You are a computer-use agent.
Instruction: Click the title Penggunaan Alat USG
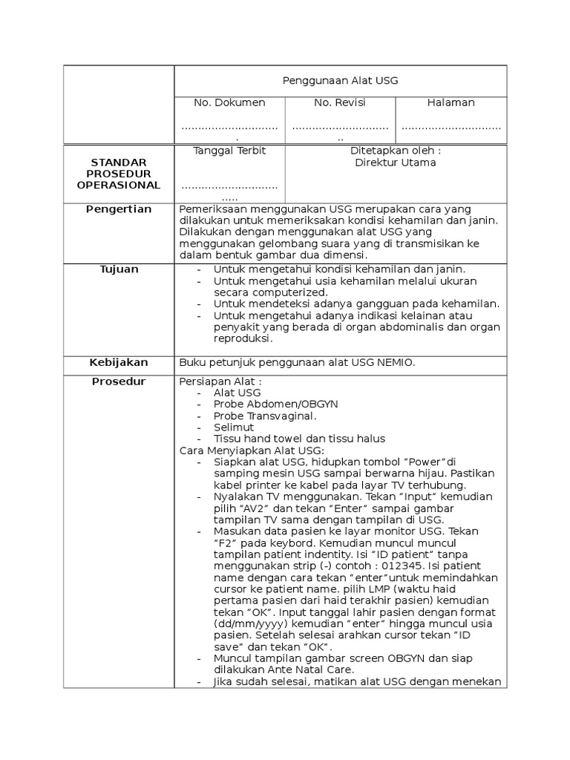341,81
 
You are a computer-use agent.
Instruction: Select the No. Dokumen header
229,102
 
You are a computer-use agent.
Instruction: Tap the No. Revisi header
340,102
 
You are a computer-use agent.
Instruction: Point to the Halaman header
451,102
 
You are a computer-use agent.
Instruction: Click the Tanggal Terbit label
229,150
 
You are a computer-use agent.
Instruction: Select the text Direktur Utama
396,163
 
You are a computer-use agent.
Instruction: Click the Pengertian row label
119,209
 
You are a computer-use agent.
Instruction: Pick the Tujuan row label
119,269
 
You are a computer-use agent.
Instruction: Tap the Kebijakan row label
119,362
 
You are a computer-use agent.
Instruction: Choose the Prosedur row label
119,381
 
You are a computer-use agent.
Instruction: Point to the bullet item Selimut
234,427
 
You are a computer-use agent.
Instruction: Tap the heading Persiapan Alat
220,381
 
